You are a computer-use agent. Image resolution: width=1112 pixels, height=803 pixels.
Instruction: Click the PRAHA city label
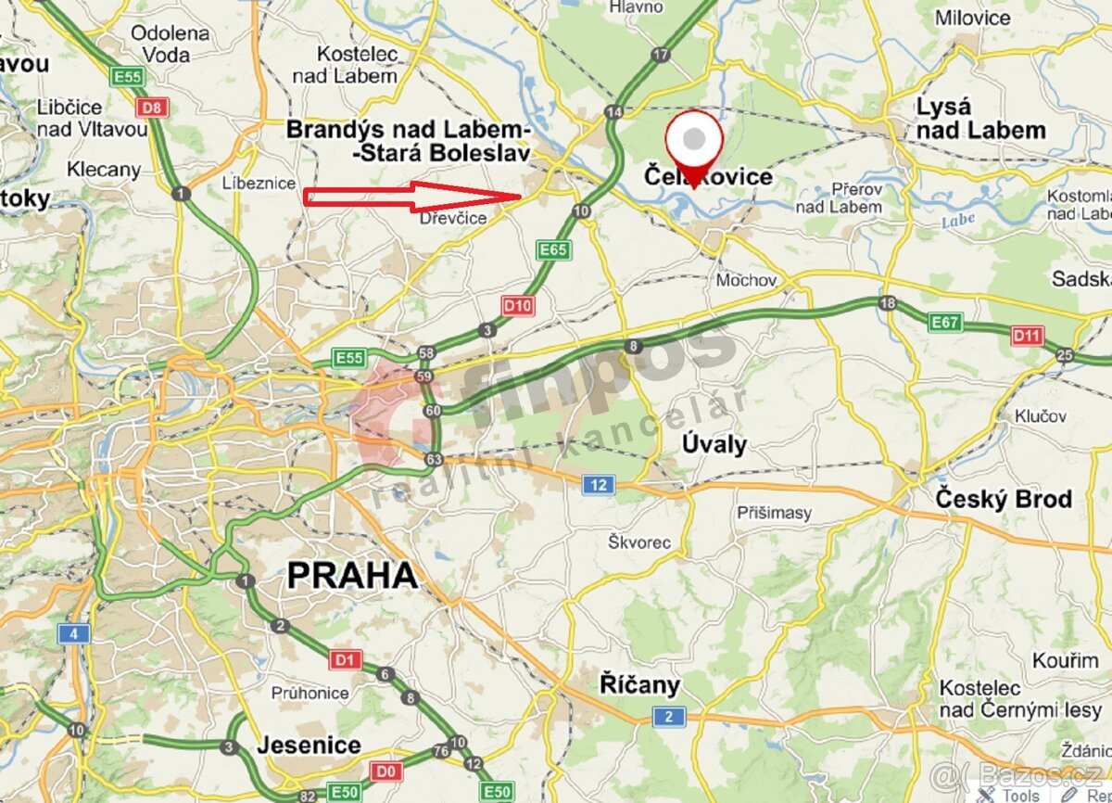coord(352,575)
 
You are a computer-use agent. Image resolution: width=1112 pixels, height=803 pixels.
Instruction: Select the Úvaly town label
coord(714,444)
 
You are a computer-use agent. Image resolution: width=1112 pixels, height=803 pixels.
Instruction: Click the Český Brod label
coord(1003,499)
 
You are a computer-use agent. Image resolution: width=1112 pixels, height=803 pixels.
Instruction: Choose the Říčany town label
coord(639,686)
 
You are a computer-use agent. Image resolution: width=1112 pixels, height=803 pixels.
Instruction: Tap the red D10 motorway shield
coord(517,305)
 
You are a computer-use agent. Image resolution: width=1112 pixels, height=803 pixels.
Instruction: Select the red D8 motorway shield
coord(153,107)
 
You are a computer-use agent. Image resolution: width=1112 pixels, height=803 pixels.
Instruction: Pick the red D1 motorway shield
coord(345,660)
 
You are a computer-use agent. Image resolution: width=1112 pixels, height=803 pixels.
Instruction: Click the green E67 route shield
coord(946,322)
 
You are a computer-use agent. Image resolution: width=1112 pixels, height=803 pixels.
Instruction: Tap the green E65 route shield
coord(553,249)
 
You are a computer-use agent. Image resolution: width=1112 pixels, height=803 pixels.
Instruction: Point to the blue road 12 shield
coord(600,484)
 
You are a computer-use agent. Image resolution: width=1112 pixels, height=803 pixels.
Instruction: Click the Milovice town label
coord(973,18)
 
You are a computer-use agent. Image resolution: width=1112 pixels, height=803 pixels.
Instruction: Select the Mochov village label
coord(745,279)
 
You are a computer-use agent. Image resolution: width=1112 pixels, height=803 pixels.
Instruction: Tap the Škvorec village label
coord(639,542)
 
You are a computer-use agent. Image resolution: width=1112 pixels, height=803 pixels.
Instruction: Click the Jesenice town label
coord(309,745)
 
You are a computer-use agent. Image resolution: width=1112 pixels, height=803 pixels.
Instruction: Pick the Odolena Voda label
coord(171,44)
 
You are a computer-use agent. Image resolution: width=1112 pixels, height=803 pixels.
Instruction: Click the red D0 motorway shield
coord(385,771)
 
